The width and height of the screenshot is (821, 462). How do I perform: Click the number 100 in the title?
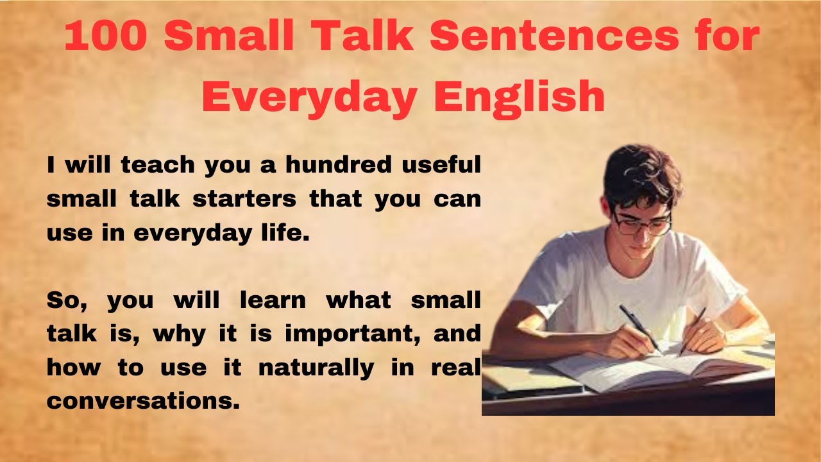tap(106, 37)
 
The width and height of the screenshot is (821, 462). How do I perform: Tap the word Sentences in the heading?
tap(554, 37)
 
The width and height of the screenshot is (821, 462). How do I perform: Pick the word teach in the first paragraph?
tap(157, 165)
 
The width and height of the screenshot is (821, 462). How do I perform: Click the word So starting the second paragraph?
tap(64, 300)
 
